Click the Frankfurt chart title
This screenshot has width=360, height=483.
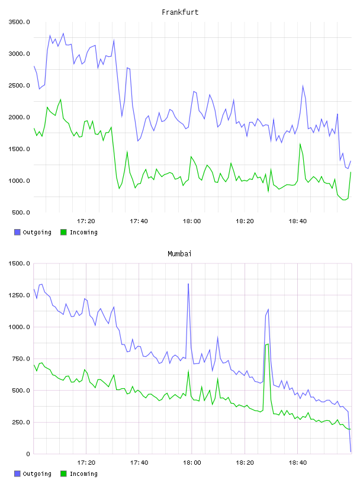pos(180,12)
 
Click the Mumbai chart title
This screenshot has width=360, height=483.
pos(179,254)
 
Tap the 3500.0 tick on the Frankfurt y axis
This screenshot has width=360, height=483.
pos(19,22)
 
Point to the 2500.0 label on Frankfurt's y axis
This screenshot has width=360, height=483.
pos(19,85)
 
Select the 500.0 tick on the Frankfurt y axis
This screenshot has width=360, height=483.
pos(21,212)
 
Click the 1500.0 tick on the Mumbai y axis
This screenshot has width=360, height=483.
pos(19,263)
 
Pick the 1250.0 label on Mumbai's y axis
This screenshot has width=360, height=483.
pos(19,295)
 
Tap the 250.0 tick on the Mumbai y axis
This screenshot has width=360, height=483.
pos(21,422)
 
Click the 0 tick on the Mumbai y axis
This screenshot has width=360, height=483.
pos(28,454)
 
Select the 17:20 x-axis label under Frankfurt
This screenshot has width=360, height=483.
pos(86,221)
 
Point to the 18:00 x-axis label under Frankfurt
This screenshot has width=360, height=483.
pos(192,221)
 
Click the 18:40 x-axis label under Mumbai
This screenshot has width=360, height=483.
pos(298,463)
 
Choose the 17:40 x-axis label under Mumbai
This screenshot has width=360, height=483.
pos(139,463)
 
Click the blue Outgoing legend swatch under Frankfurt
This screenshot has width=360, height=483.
pos(17,232)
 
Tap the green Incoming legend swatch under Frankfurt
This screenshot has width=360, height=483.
pos(63,232)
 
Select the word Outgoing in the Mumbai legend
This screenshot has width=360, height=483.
pos(37,474)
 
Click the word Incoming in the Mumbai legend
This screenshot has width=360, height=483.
pos(83,474)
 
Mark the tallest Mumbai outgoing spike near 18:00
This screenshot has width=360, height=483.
pos(188,284)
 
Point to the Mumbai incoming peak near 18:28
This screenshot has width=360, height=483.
pos(267,344)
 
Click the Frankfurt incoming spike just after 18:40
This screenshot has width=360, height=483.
pos(300,144)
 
